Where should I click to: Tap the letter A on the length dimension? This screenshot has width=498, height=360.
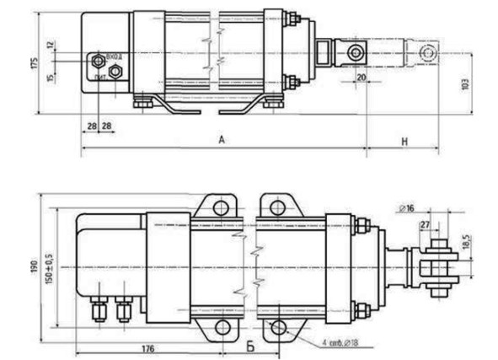point(222,142)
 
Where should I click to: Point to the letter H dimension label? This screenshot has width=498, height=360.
point(404,142)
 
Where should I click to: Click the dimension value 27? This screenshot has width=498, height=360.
point(425,224)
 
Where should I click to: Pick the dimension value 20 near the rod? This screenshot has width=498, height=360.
point(361,78)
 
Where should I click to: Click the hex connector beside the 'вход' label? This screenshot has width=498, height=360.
point(99,61)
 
